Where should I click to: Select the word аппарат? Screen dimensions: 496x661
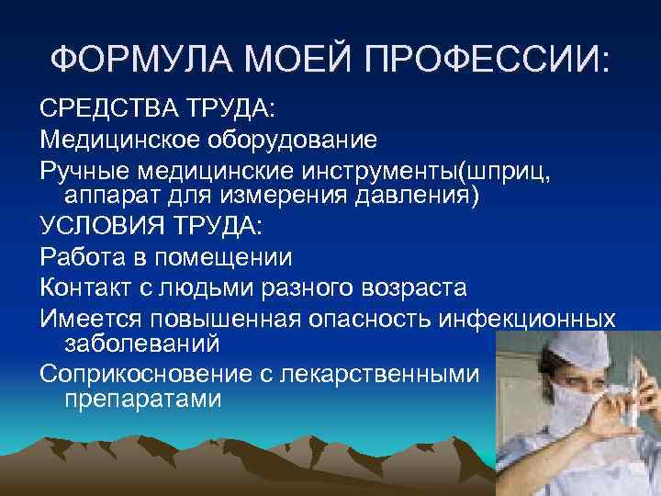114,196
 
